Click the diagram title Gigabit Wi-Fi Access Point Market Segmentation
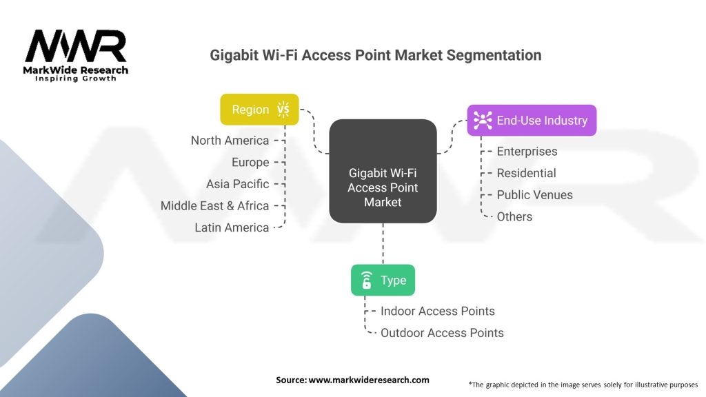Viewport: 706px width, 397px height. pos(376,55)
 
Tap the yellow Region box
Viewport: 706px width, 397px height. pos(259,109)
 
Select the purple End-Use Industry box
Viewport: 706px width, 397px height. pos(531,120)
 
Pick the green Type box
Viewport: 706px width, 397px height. pos(383,280)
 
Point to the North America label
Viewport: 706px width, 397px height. pos(230,141)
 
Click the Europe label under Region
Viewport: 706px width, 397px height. pos(250,163)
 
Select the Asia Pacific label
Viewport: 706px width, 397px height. pos(237,184)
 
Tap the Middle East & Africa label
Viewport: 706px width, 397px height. pos(214,205)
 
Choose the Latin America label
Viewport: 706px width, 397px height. pos(232,227)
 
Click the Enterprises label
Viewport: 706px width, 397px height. pos(527,152)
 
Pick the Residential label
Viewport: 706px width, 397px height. pos(526,173)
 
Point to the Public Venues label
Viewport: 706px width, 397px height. pos(534,195)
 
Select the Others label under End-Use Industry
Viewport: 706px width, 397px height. pos(514,216)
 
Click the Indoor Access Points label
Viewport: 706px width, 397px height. pos(437,311)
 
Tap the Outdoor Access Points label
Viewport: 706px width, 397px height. pos(442,333)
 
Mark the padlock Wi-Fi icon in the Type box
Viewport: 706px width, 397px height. pos(366,280)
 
